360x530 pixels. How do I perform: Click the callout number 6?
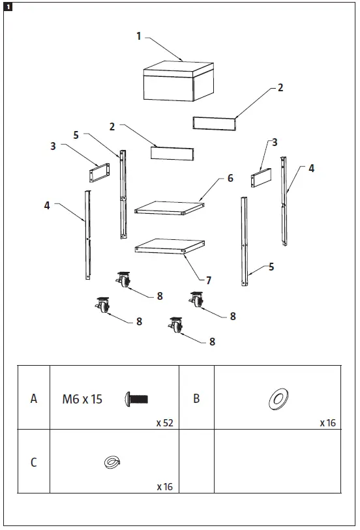[x=230, y=178]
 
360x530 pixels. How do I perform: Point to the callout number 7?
[x=209, y=280]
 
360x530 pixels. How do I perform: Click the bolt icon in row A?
[x=136, y=398]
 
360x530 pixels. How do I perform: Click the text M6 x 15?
[x=82, y=399]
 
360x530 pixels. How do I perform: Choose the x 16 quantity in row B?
[x=327, y=422]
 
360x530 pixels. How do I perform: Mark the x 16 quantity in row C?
[x=164, y=486]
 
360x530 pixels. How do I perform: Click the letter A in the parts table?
[x=34, y=399]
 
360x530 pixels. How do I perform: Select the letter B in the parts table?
[x=196, y=399]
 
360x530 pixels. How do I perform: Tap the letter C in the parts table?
[x=34, y=463]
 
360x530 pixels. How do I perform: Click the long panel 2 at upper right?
[x=214, y=123]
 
